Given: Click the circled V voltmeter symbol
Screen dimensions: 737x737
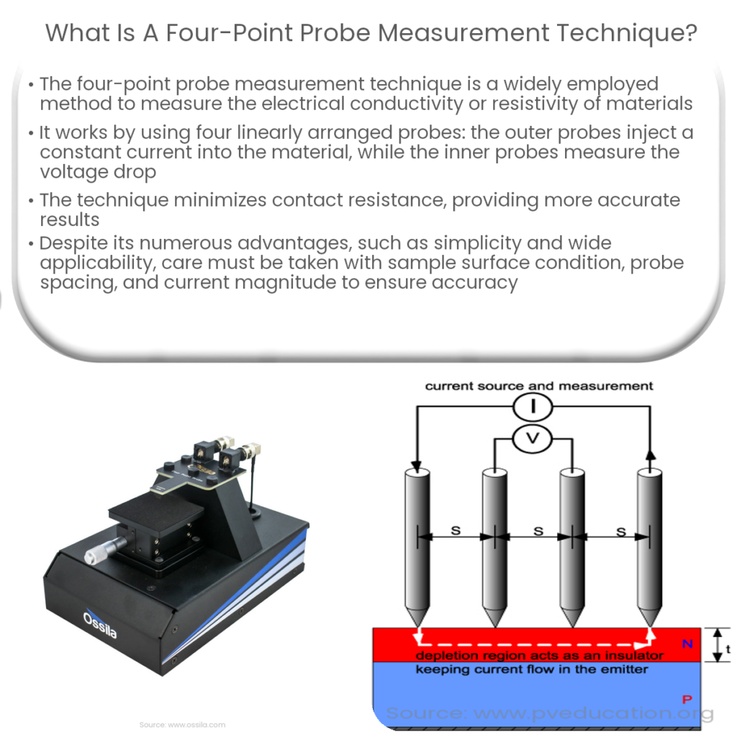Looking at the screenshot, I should pyautogui.click(x=532, y=440).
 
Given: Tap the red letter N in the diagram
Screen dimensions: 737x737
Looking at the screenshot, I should pyautogui.click(x=687, y=644).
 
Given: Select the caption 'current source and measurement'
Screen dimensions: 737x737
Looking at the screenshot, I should pyautogui.click(x=538, y=386).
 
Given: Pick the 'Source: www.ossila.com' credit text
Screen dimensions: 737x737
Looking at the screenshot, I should pyautogui.click(x=182, y=724).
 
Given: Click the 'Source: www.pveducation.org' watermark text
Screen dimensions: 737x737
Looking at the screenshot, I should pyautogui.click(x=550, y=714).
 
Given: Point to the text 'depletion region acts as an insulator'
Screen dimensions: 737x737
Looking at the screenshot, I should pyautogui.click(x=539, y=656).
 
